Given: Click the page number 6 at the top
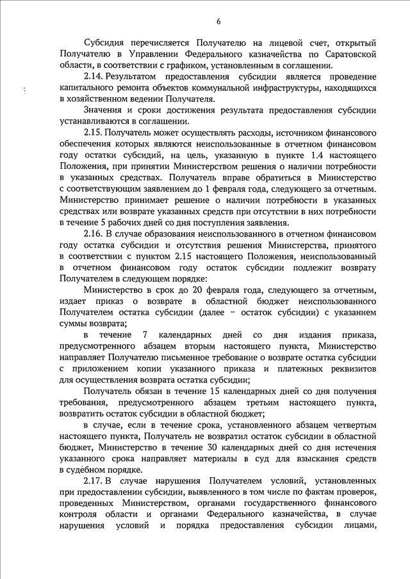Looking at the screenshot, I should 218,22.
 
